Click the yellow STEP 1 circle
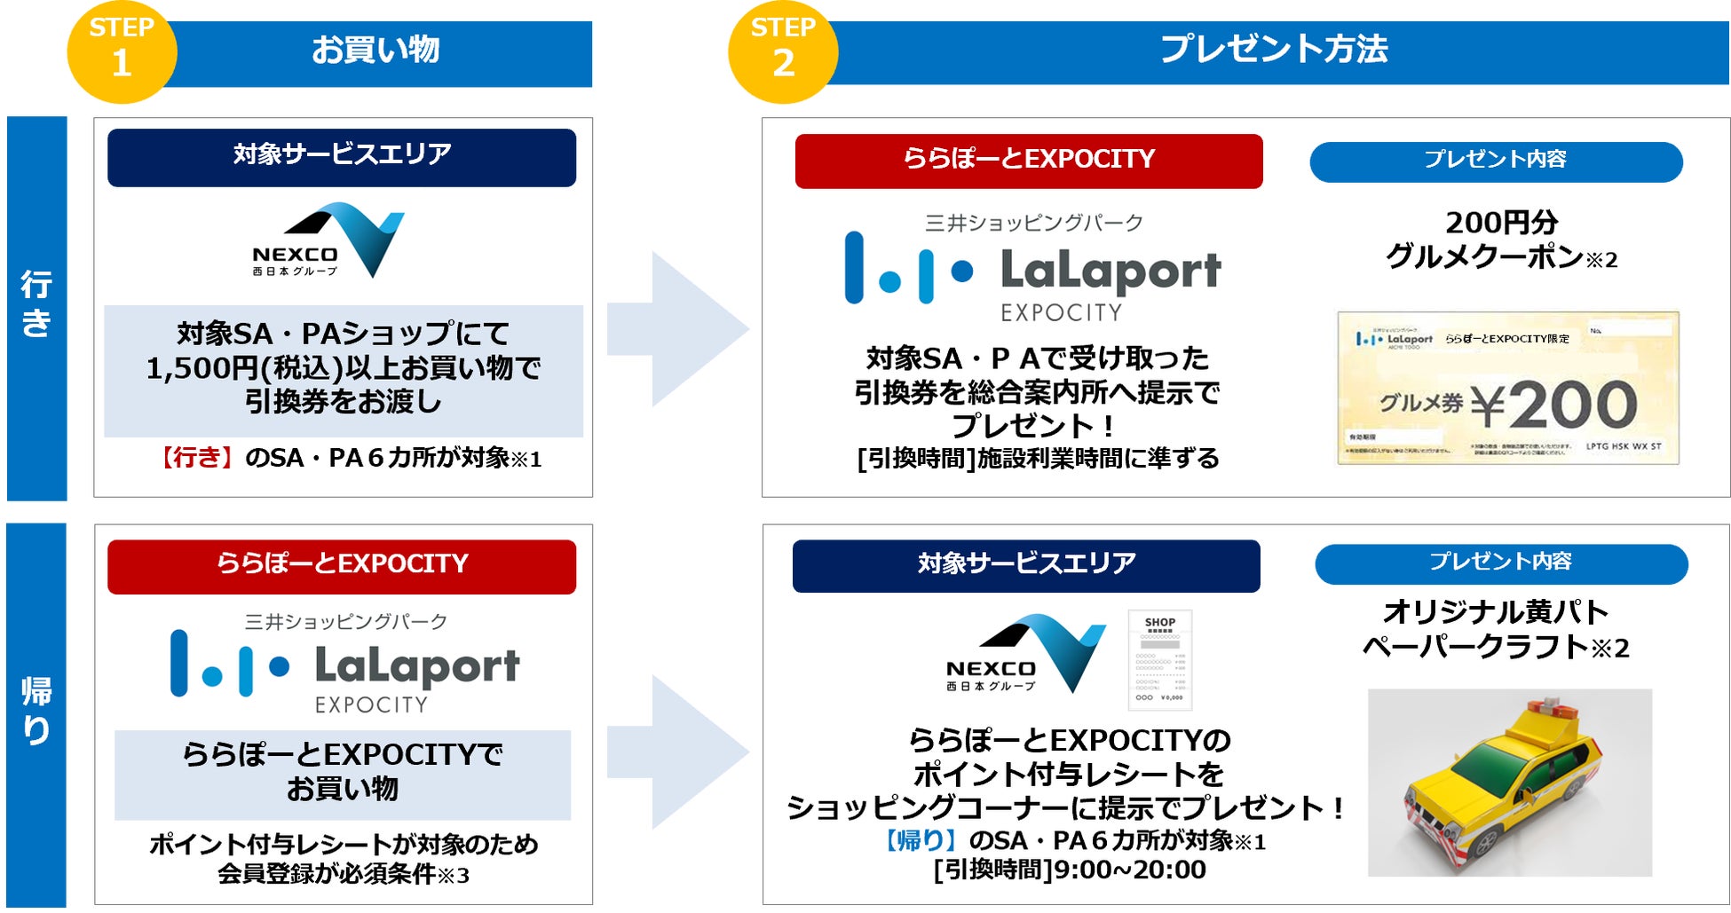(122, 51)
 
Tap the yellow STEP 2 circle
(782, 51)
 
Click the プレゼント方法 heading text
(1274, 49)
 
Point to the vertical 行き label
(36, 304)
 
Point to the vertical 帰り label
(36, 711)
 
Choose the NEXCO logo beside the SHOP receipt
(1025, 653)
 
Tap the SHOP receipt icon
(1159, 659)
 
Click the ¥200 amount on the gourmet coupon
(1553, 405)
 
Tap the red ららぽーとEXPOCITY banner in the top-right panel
(1028, 161)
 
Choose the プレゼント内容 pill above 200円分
(1496, 161)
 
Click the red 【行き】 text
(195, 458)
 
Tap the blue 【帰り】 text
(919, 840)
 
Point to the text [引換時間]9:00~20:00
(1070, 870)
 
